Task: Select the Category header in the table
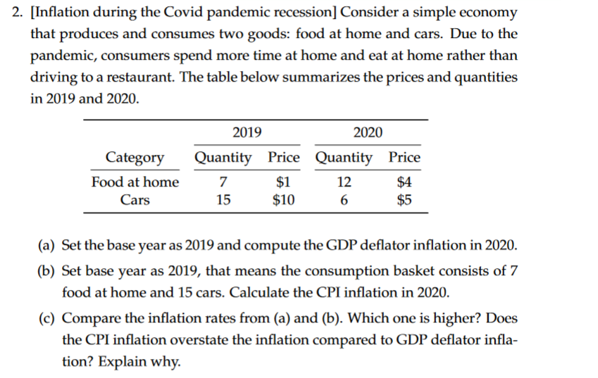[x=135, y=157]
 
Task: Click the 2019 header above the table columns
[x=247, y=132]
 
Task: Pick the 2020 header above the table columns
[x=368, y=132]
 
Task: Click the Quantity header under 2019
[x=223, y=157]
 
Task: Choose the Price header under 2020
[x=404, y=157]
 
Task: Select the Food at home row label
[x=135, y=182]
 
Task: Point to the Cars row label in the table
[x=135, y=199]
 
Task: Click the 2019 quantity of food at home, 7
[x=223, y=182]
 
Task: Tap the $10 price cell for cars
[x=284, y=199]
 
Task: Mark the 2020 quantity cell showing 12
[x=344, y=182]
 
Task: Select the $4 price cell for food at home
[x=404, y=182]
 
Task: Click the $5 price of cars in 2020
[x=404, y=199]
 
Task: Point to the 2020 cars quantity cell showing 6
[x=344, y=199]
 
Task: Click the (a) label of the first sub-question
[x=49, y=246]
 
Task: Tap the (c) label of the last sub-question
[x=49, y=317]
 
